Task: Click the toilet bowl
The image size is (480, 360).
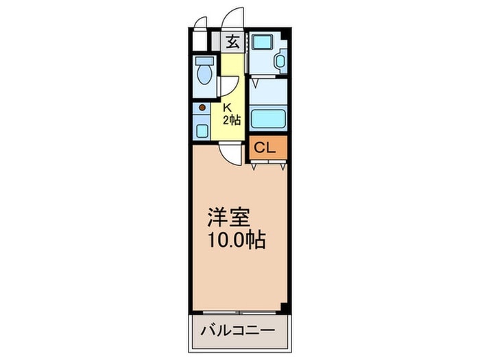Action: [x=204, y=74]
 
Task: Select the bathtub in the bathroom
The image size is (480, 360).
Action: [x=267, y=119]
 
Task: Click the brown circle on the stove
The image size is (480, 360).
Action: [x=202, y=107]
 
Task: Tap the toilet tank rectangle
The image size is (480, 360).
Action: [x=203, y=60]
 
